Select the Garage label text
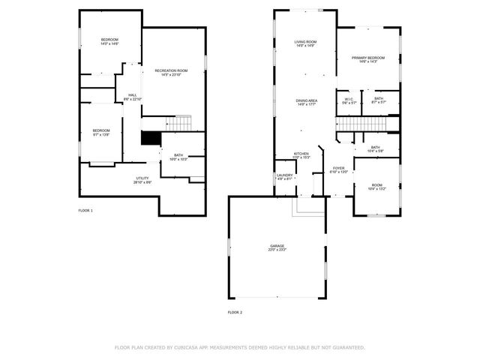pyautogui.click(x=277, y=247)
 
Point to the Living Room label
pyautogui.click(x=305, y=43)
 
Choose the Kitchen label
pyautogui.click(x=301, y=155)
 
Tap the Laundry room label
pyautogui.click(x=284, y=177)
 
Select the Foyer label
pyautogui.click(x=339, y=169)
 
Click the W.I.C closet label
pyautogui.click(x=349, y=100)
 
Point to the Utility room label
pyautogui.click(x=142, y=180)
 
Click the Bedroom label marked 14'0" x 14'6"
pyautogui.click(x=110, y=41)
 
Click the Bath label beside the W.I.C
pyautogui.click(x=379, y=100)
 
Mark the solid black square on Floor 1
pyautogui.click(x=151, y=139)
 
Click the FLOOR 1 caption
pyautogui.click(x=85, y=211)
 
